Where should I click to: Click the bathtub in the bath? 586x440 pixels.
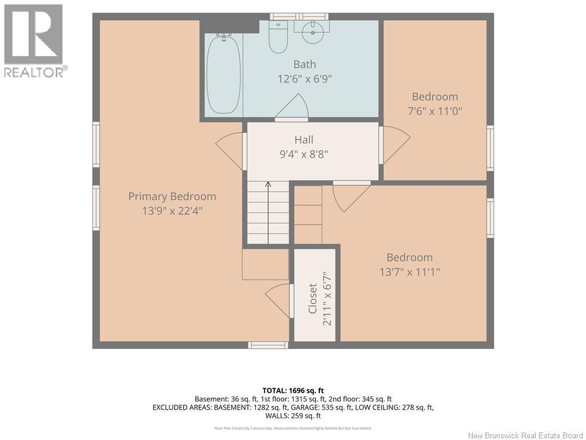tap(224, 74)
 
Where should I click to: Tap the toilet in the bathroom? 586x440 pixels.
tap(278, 37)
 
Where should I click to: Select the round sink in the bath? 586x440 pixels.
tap(312, 32)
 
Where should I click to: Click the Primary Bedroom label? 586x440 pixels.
tap(172, 197)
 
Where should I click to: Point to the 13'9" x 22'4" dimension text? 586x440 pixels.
tap(172, 211)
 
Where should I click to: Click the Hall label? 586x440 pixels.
tap(304, 140)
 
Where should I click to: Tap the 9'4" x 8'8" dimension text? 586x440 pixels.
tap(304, 154)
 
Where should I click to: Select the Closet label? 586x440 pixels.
tap(312, 298)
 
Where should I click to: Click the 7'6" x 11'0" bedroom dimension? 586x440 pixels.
tap(435, 111)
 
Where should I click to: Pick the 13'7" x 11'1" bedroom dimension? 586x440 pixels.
tap(410, 272)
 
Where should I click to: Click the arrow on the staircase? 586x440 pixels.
tap(268, 213)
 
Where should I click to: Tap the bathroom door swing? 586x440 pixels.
tap(292, 108)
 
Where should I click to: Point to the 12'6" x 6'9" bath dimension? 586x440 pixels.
tap(304, 79)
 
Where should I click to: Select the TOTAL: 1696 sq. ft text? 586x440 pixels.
tap(293, 391)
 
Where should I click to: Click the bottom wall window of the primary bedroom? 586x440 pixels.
tap(268, 345)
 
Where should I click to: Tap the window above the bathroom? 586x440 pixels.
tap(299, 17)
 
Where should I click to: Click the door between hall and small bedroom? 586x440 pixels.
tap(395, 145)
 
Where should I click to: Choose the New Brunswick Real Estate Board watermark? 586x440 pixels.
tap(525, 435)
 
